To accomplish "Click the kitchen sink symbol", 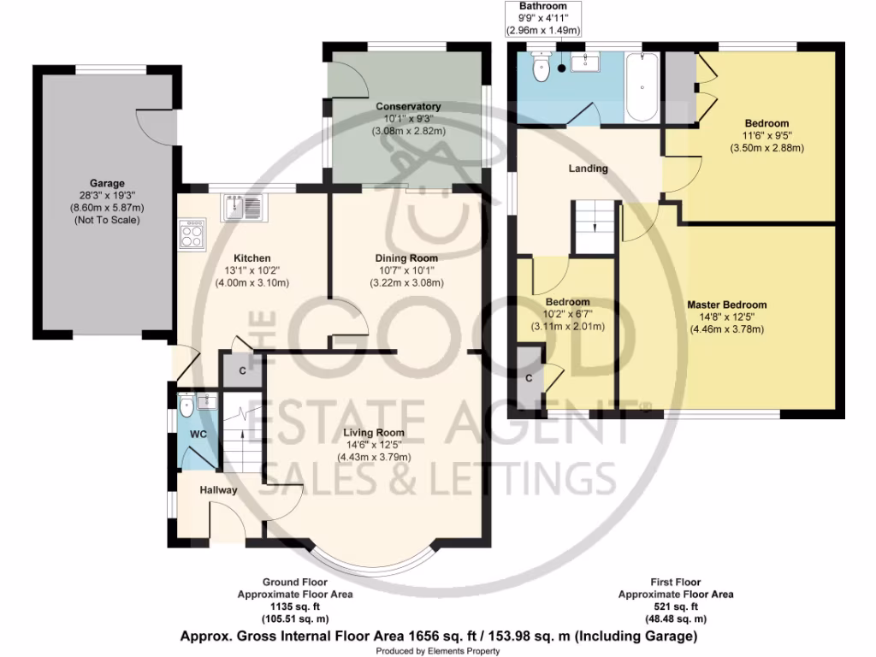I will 244,206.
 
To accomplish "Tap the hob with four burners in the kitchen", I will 192,233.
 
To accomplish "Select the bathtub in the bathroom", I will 642,88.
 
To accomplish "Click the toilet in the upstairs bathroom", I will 541,68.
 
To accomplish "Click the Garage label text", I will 108,183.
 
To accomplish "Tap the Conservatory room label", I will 408,107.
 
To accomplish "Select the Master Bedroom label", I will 726,305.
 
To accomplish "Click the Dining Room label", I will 406,258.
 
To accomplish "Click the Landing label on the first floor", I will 589,169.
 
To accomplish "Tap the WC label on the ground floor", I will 198,434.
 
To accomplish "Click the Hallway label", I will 218,490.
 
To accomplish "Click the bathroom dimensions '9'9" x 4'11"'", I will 543,17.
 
